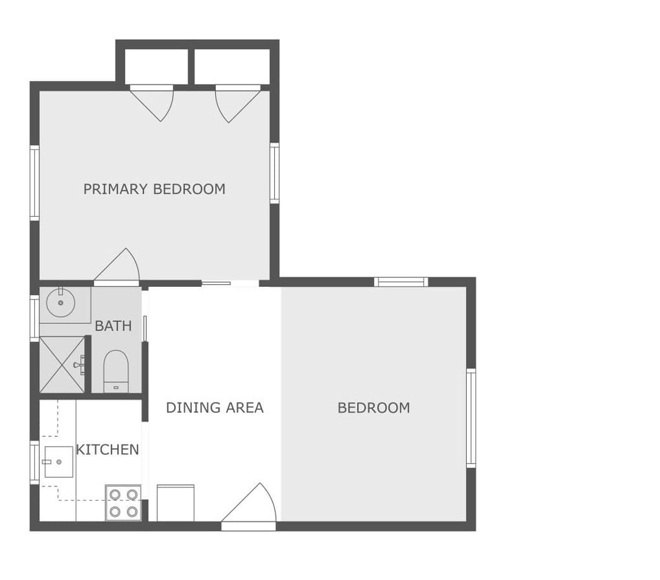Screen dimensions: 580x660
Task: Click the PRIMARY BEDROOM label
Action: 154,189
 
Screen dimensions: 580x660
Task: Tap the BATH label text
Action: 113,326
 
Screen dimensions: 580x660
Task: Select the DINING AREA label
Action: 214,407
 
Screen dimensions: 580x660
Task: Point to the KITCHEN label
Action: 107,450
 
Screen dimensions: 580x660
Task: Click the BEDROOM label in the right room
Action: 373,407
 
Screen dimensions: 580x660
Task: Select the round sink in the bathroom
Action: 60,303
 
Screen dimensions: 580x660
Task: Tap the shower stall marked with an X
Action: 62,365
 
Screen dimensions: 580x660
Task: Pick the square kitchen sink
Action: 58,462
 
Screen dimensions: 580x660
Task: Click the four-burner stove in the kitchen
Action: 123,503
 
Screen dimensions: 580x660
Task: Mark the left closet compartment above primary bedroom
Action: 156,67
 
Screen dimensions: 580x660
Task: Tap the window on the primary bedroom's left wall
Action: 34,182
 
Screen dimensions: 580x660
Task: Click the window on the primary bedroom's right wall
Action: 274,173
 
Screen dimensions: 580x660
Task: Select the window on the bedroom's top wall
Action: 401,281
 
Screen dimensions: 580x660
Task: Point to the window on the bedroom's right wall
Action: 471,418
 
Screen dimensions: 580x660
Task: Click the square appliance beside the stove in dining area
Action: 175,503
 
